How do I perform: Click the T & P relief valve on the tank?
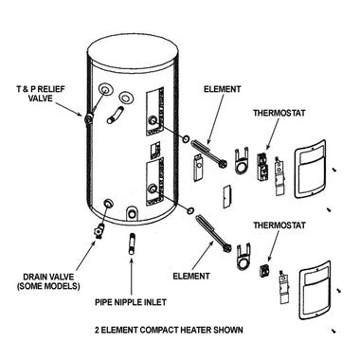click(x=88, y=118)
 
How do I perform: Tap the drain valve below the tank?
click(x=99, y=231)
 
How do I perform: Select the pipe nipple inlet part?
click(x=132, y=243)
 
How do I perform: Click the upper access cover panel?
click(x=310, y=169)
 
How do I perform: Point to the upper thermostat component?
click(x=262, y=167)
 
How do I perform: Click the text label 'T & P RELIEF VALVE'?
click(x=41, y=94)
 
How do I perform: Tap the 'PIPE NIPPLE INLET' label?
click(x=131, y=302)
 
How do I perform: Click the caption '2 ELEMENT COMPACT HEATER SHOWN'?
click(x=169, y=331)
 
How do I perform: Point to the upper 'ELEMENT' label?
click(x=222, y=89)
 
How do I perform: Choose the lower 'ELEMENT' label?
click(x=191, y=276)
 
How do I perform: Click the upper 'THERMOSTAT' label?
click(x=279, y=113)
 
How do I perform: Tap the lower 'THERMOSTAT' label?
click(x=279, y=225)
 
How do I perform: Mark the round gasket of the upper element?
click(x=186, y=138)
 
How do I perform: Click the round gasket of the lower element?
click(x=190, y=210)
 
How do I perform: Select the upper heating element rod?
click(x=209, y=153)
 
